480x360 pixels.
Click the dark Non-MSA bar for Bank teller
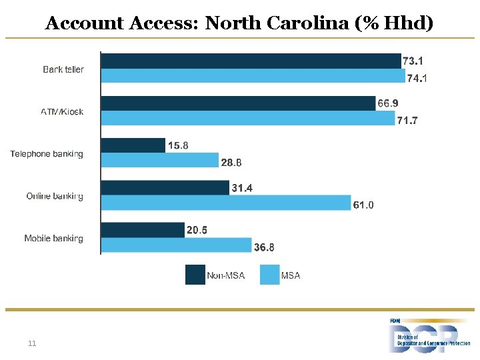(251, 61)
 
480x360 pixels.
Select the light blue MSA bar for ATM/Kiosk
(248, 118)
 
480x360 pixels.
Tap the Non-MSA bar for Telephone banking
(133, 145)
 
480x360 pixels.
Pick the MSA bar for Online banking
(226, 203)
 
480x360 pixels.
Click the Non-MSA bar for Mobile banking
(143, 230)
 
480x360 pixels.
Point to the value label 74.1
(417, 79)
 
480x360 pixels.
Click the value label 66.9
(388, 103)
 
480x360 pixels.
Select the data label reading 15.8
(178, 145)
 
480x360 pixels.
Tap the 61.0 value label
(363, 205)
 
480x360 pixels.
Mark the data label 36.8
(264, 247)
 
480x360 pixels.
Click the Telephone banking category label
(47, 154)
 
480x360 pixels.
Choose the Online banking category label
(55, 196)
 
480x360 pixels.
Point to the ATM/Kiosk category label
(62, 111)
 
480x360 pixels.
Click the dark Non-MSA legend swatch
(195, 275)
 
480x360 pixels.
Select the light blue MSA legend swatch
(270, 275)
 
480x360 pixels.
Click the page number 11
(32, 343)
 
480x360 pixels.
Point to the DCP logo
(429, 336)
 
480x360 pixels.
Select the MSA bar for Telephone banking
(160, 160)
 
